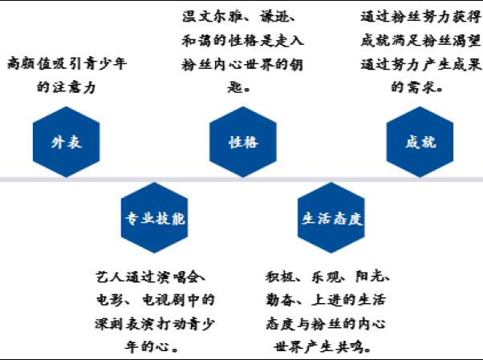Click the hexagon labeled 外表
[67, 143]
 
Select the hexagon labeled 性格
[243, 143]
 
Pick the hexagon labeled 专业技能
[155, 217]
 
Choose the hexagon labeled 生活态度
[331, 217]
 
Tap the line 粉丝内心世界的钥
[243, 63]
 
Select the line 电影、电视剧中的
[155, 301]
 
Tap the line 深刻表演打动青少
[155, 324]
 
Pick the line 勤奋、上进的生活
[328, 301]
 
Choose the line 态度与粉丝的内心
[328, 324]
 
